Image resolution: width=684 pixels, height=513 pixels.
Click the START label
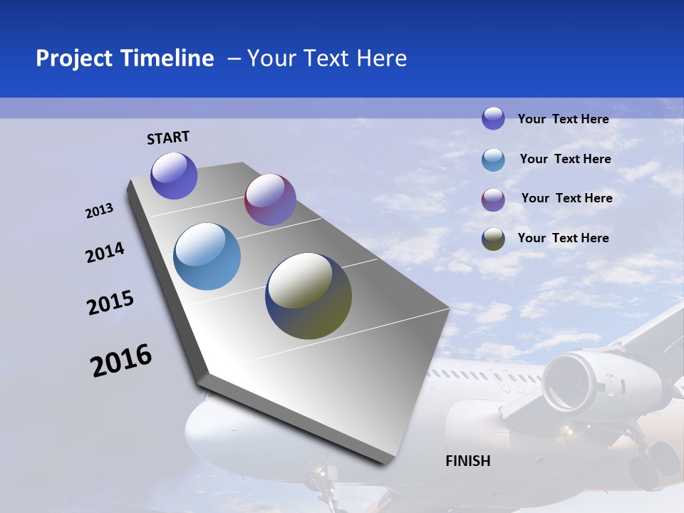(168, 138)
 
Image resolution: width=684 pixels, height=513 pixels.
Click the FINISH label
(468, 461)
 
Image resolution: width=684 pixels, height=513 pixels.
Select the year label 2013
(100, 211)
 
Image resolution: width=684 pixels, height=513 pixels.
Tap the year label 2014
(105, 253)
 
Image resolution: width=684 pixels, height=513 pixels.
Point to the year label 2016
(121, 361)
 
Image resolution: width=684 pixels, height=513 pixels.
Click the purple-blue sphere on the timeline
(174, 175)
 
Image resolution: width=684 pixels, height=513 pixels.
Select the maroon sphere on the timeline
(270, 199)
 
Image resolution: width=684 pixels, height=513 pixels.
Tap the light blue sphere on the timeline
(207, 256)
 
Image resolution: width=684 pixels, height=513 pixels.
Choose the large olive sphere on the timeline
(309, 296)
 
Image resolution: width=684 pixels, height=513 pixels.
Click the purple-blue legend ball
(493, 118)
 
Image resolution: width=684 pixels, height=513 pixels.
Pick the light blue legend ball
(493, 160)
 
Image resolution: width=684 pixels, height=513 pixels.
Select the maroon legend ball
(493, 199)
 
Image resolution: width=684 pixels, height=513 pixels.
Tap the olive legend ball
(493, 239)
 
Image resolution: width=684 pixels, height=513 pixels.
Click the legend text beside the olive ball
(563, 238)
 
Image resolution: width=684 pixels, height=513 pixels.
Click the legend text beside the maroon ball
(566, 198)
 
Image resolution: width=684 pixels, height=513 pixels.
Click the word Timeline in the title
(167, 58)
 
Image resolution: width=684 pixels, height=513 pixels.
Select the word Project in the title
(73, 58)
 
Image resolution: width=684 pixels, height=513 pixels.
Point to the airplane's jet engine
(574, 378)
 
